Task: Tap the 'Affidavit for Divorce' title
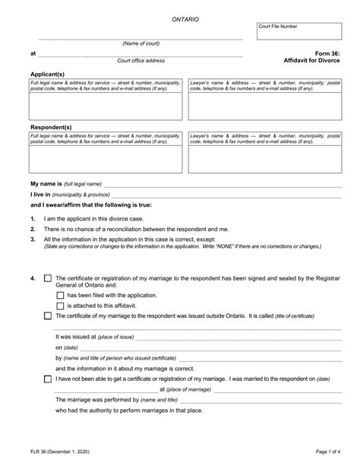tap(311, 61)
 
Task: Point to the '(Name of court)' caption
tap(141, 43)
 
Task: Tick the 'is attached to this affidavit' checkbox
tap(61, 306)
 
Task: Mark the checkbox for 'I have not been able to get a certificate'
tap(49, 378)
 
